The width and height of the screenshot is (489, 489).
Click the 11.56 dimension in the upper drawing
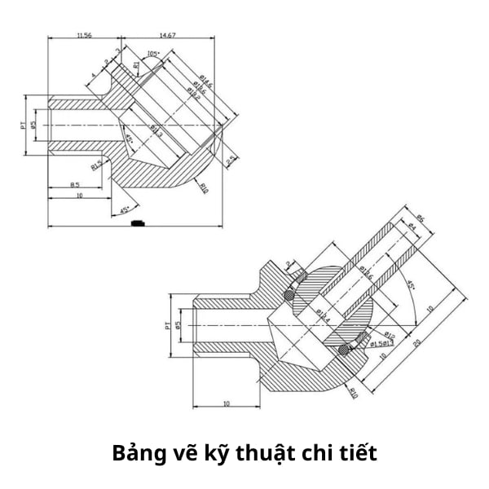coord(83,36)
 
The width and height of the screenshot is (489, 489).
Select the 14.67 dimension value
coord(168,36)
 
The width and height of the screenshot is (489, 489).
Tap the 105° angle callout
coord(152,55)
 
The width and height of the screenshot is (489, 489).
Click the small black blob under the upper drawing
coord(138,222)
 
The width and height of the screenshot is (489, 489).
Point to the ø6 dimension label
coord(421,218)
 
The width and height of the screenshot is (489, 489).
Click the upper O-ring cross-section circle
coord(289,295)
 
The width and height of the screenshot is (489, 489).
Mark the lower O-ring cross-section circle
coord(346,350)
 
